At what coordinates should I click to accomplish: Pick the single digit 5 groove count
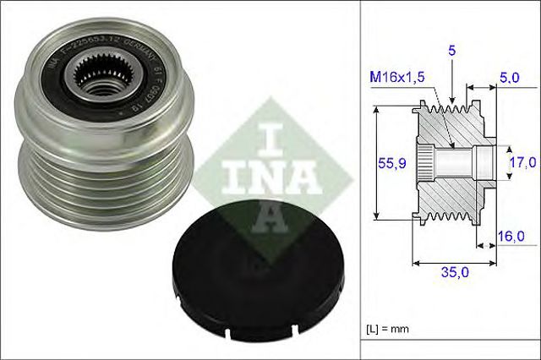(452, 51)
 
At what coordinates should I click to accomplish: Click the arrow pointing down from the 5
(453, 85)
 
